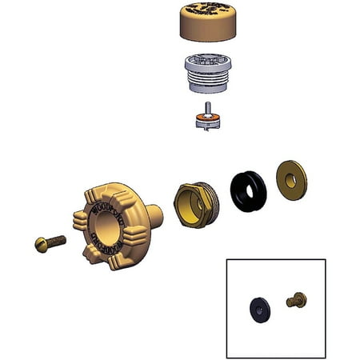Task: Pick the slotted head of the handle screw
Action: (x=41, y=244)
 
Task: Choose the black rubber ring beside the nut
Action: (x=248, y=192)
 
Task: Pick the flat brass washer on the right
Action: (x=291, y=180)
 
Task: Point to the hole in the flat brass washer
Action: (x=290, y=181)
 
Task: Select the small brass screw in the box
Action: (x=297, y=301)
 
